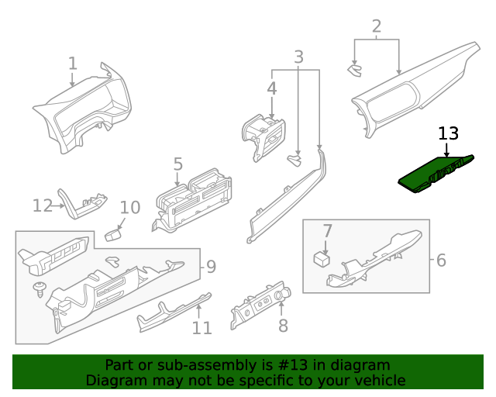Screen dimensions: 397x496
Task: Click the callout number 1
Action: click(x=72, y=63)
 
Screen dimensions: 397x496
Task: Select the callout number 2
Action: click(x=377, y=27)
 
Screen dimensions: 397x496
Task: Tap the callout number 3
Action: click(x=298, y=57)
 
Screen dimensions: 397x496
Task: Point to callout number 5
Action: click(x=177, y=164)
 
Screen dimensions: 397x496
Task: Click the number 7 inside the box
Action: click(x=327, y=231)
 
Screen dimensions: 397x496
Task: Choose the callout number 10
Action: click(x=130, y=208)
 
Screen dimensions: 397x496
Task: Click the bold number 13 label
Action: click(x=448, y=133)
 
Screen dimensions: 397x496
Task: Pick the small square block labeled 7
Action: click(x=321, y=258)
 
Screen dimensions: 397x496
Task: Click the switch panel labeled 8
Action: click(x=260, y=305)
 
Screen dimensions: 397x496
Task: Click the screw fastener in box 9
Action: click(x=40, y=288)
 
